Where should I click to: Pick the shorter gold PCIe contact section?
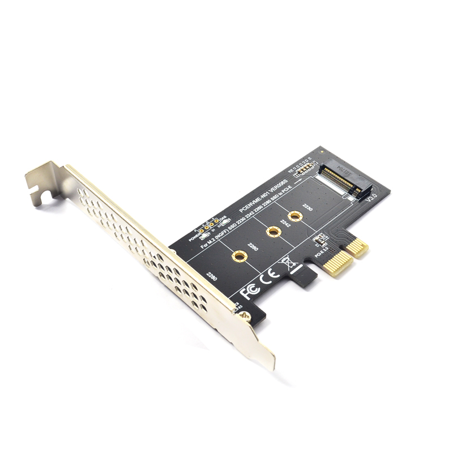click(357, 246)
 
